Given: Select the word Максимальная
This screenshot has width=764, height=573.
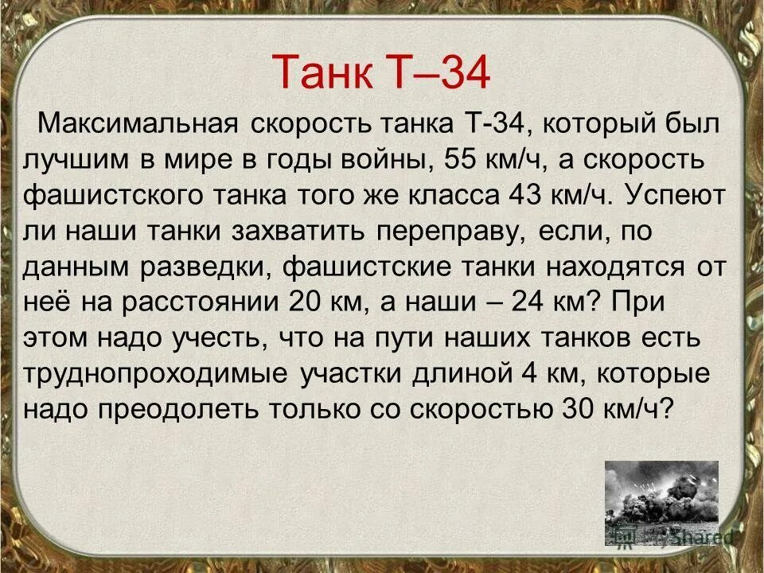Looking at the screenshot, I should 138,126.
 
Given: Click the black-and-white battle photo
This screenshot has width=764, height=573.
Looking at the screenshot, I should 661,501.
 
